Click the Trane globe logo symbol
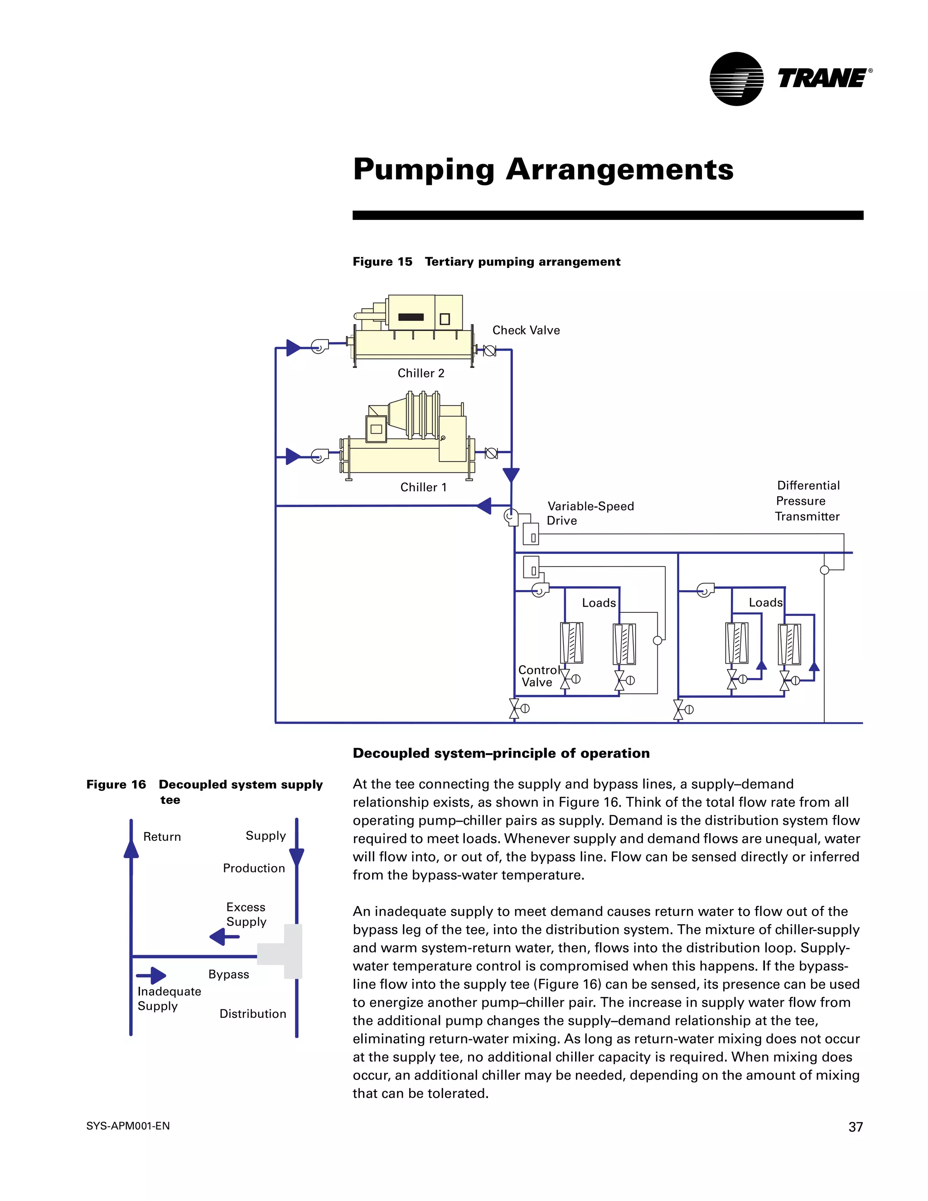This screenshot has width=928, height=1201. point(736,79)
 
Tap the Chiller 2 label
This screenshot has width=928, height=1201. point(420,373)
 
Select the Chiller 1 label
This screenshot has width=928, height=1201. point(423,487)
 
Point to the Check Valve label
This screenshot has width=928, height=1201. point(526,330)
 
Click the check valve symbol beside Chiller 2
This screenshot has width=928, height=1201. point(489,350)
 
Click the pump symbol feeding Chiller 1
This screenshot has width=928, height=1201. point(319,456)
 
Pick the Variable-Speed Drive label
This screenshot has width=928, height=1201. point(590,513)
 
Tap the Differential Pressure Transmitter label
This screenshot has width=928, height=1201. point(807,501)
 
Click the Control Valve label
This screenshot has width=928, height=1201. point(538,676)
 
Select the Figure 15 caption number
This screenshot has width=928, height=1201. point(382,262)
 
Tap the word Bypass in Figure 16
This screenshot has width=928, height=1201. point(229,974)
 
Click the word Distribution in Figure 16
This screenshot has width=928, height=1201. point(253,1013)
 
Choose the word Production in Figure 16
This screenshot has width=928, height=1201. point(254,868)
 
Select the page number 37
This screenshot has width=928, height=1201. point(855,1127)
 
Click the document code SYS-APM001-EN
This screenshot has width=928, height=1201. point(128,1126)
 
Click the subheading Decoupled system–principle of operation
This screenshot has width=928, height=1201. point(501,753)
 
